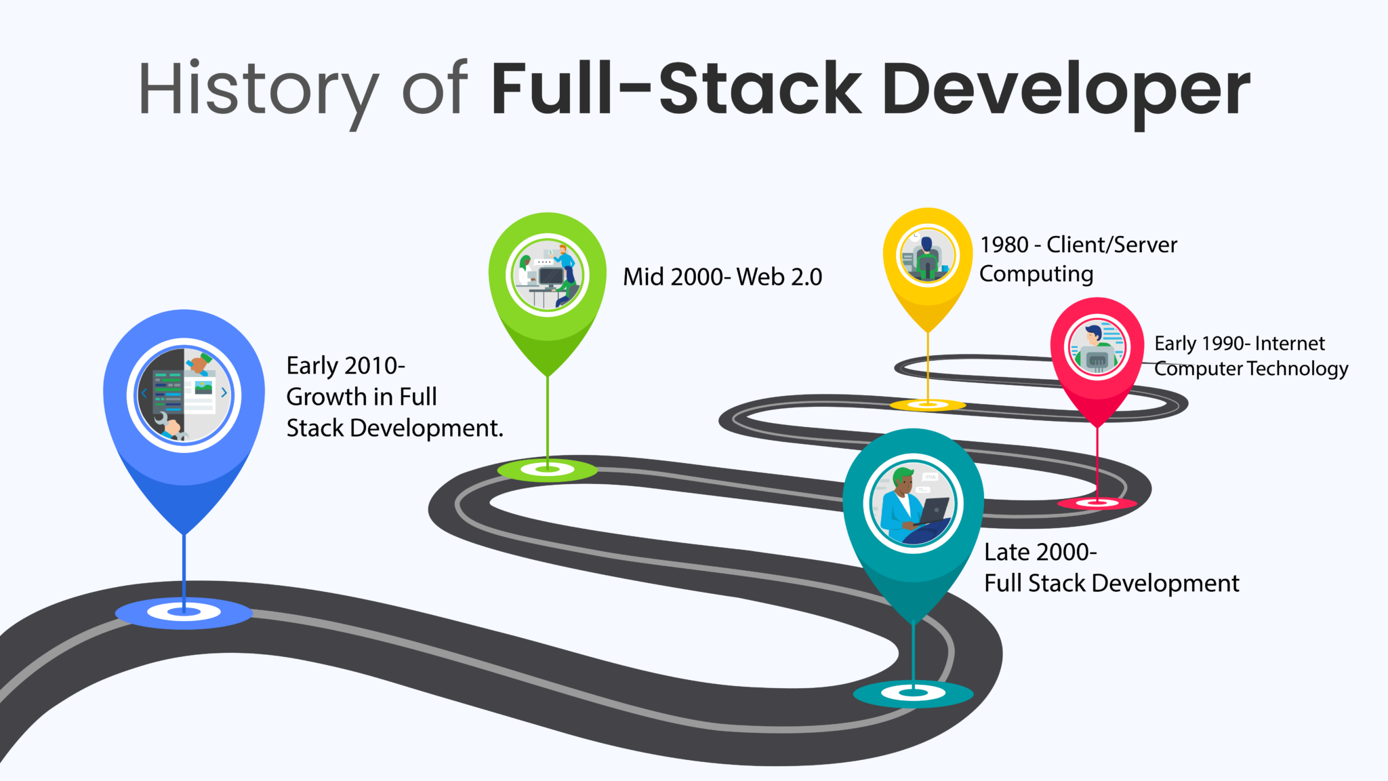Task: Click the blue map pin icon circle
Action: coord(184,395)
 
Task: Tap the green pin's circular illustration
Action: coord(548,275)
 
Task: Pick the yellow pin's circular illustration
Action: coord(927,256)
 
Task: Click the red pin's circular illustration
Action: coord(1097,348)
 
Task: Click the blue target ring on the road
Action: coord(184,612)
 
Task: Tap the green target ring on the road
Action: coord(548,469)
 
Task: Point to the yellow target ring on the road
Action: coord(928,405)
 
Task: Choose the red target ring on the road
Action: coord(1097,502)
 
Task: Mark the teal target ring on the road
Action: coord(913,693)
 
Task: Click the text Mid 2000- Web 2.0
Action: coord(722,277)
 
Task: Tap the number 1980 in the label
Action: coord(1004,245)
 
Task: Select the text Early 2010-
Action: coord(345,366)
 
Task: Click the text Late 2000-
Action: coord(1040,553)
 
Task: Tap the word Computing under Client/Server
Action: coord(1036,274)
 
